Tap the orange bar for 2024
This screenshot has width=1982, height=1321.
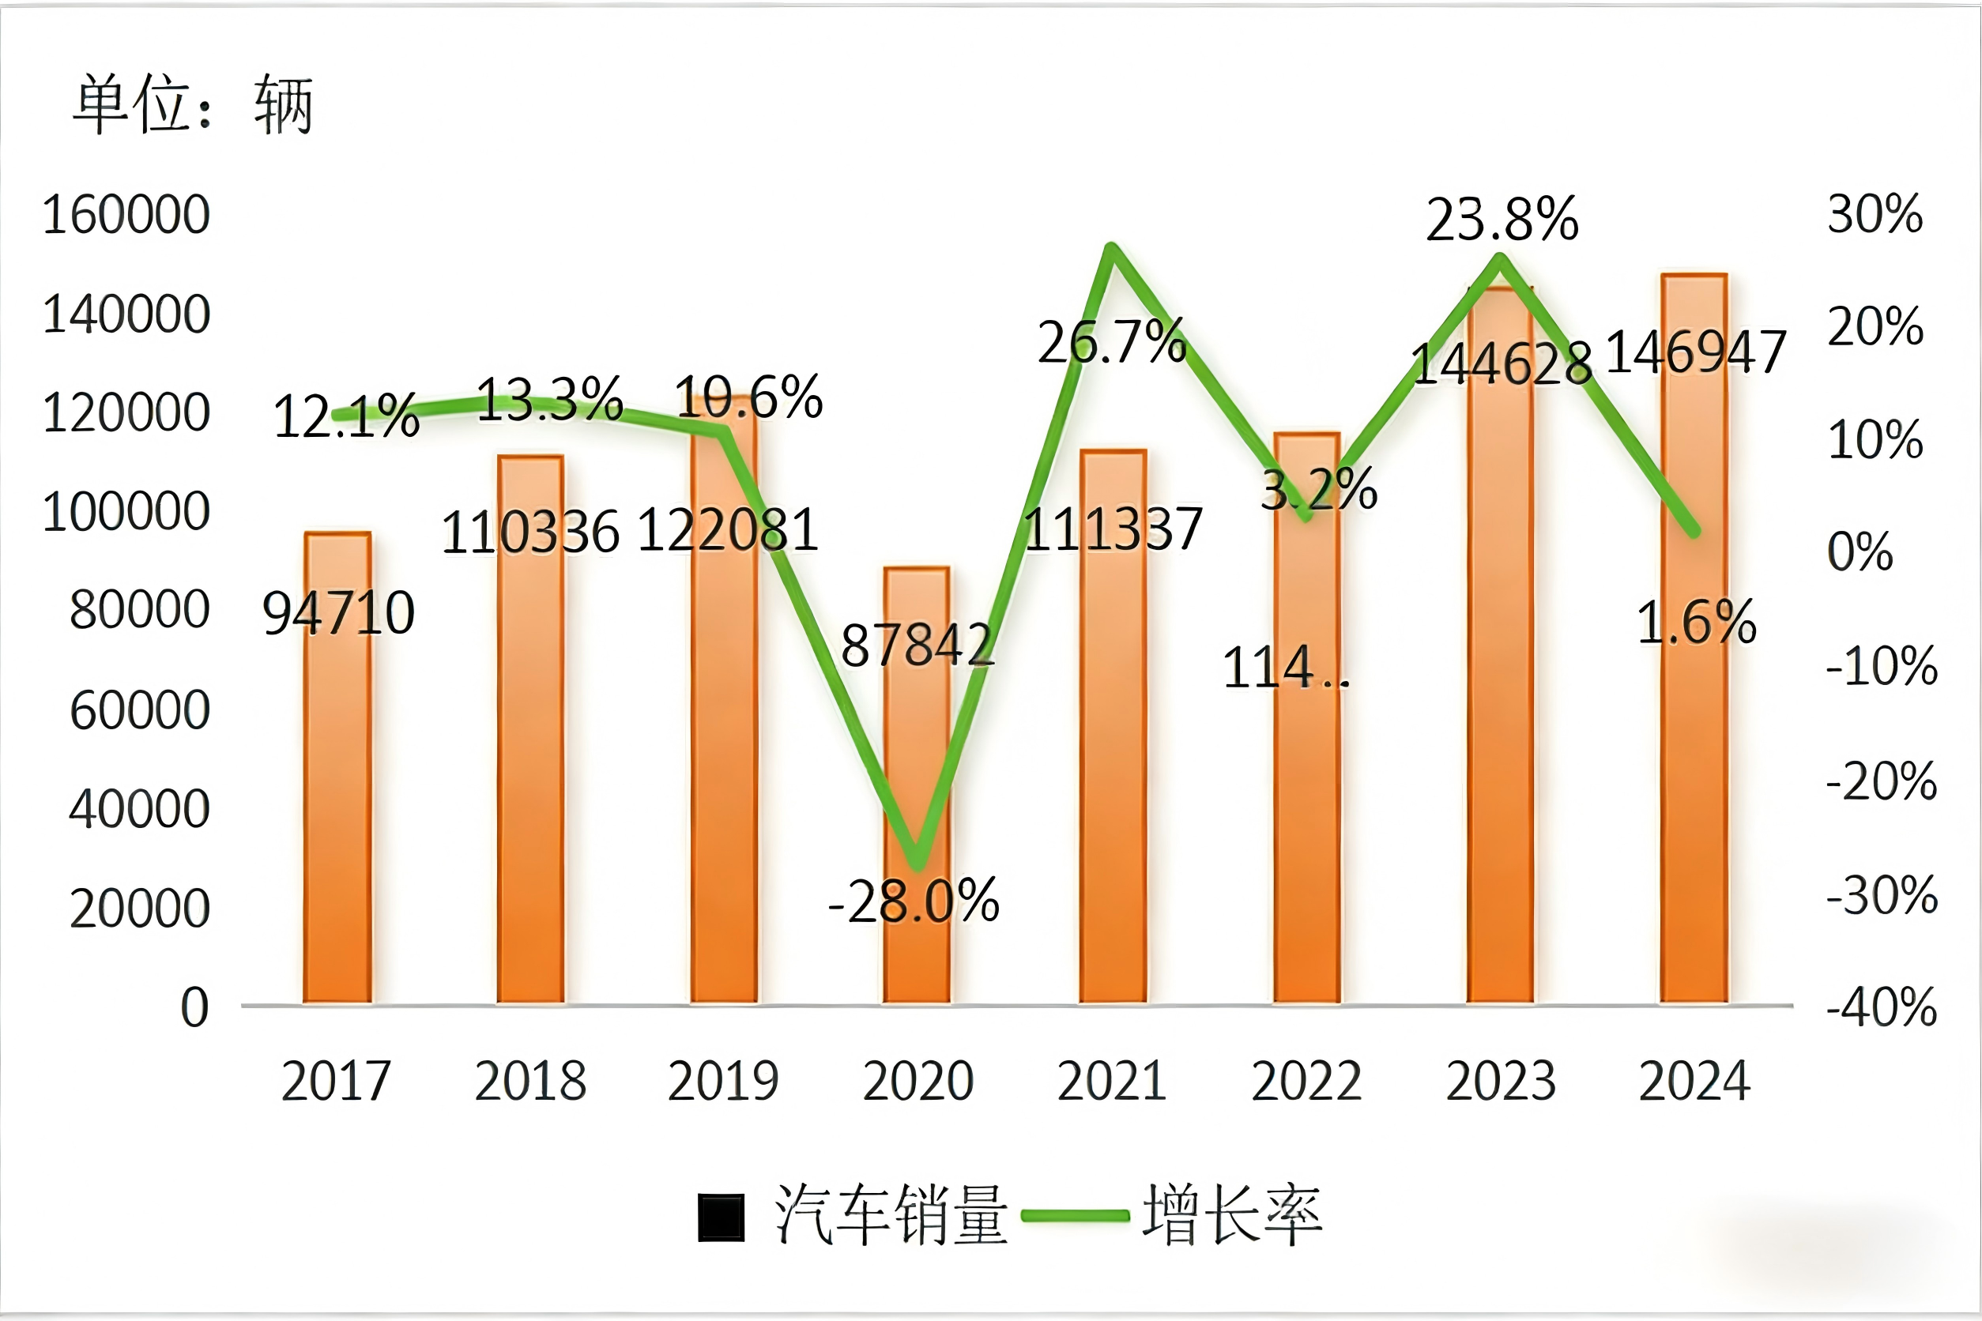pos(1694,758)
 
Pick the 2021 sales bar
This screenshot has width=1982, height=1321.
pos(1113,758)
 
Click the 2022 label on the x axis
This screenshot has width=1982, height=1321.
pos(1306,1081)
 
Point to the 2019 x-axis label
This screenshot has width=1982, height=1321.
pos(723,1081)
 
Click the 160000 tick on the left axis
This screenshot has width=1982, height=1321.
pos(126,215)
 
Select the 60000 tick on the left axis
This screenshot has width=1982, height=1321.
pos(140,710)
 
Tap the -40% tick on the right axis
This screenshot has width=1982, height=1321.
pos(1882,1007)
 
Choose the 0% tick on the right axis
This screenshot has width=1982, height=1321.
pos(1860,553)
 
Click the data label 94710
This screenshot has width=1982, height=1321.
pos(339,612)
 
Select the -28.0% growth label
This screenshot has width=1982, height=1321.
pos(914,902)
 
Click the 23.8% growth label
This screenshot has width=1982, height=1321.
pos(1502,220)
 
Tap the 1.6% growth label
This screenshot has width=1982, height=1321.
pos(1695,623)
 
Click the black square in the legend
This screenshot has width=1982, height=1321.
pos(722,1218)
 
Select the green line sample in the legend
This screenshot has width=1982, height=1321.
pos(1075,1216)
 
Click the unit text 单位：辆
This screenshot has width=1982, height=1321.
pos(194,105)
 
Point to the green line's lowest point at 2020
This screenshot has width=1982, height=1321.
pos(917,864)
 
